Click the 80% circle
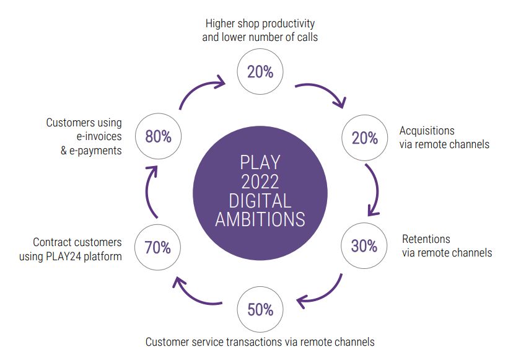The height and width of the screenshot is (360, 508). (158, 136)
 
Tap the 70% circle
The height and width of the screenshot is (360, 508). (157, 247)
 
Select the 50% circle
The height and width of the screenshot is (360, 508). (260, 309)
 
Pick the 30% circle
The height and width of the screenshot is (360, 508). (364, 245)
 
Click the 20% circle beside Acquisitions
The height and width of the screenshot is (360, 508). (365, 138)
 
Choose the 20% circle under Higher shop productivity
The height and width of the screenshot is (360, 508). (260, 72)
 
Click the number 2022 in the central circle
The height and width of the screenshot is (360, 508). (260, 182)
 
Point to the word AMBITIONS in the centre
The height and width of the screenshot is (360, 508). (260, 220)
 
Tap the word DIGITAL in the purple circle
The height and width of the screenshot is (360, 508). (260, 201)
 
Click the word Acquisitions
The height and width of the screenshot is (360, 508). (427, 131)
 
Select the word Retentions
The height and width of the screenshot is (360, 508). (426, 239)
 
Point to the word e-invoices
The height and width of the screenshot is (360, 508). (99, 136)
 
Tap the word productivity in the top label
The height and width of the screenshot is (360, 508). (288, 24)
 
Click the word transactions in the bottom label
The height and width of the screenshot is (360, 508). (254, 342)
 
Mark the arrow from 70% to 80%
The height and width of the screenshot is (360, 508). (147, 191)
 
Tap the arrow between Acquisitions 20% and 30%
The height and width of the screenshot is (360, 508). (377, 190)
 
